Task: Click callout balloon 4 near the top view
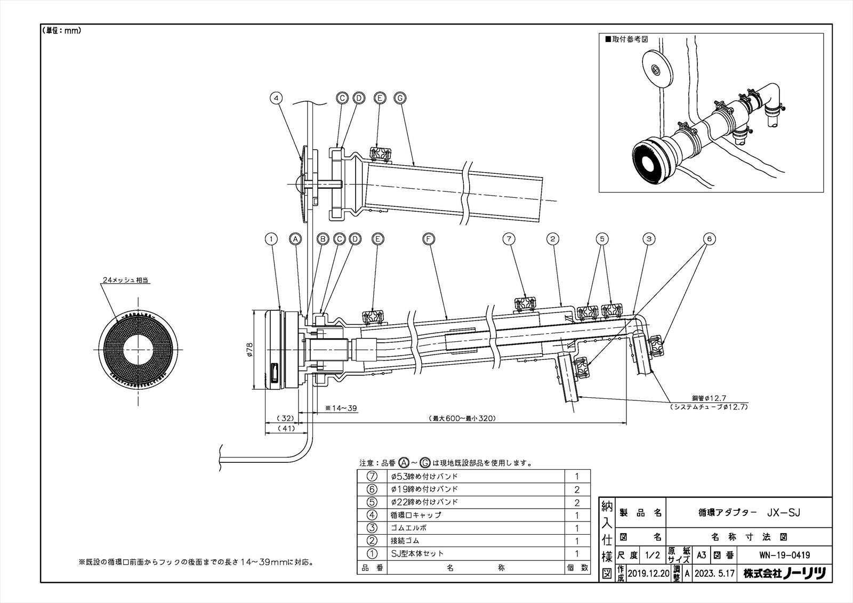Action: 276,98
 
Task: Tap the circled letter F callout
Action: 429,239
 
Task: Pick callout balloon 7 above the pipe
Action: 509,239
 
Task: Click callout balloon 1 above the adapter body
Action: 272,239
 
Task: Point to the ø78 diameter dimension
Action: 250,350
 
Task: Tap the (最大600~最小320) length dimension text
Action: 463,419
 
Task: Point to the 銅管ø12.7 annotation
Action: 709,398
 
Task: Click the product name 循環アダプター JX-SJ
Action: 749,512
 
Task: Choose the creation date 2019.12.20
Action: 648,574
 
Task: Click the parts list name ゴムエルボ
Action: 409,528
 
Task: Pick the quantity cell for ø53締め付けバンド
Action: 577,476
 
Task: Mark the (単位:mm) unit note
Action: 61,31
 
